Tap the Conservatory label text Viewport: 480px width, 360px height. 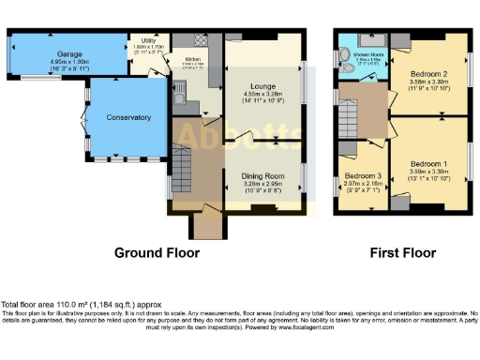coord(128,118)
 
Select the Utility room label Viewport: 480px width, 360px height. coord(148,42)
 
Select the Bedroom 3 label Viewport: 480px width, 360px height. coord(361,176)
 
